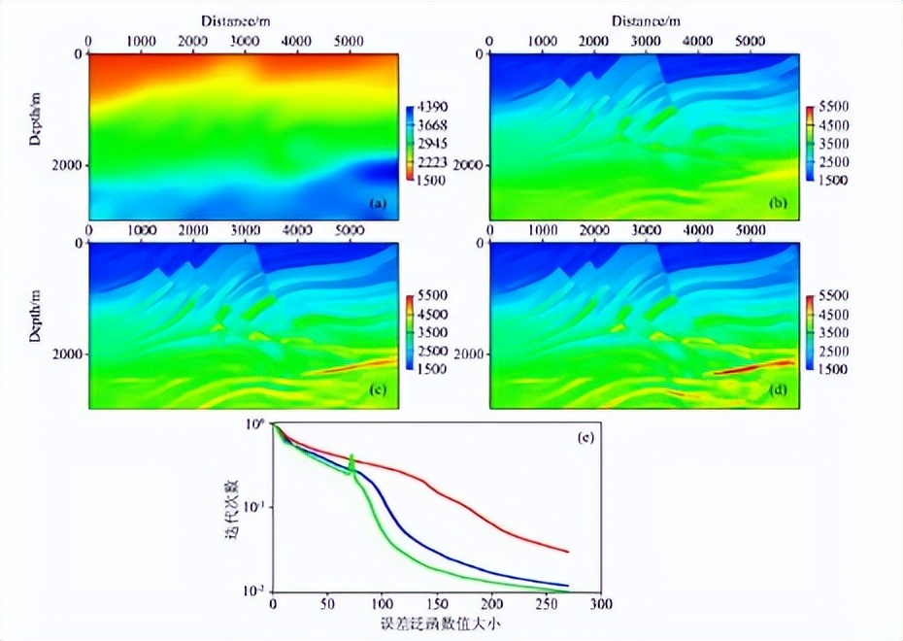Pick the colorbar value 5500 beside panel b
[x=833, y=107]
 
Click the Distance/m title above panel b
[x=646, y=20]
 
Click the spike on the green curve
[x=351, y=457]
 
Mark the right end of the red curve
[x=567, y=552]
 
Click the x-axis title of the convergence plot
[x=436, y=624]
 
